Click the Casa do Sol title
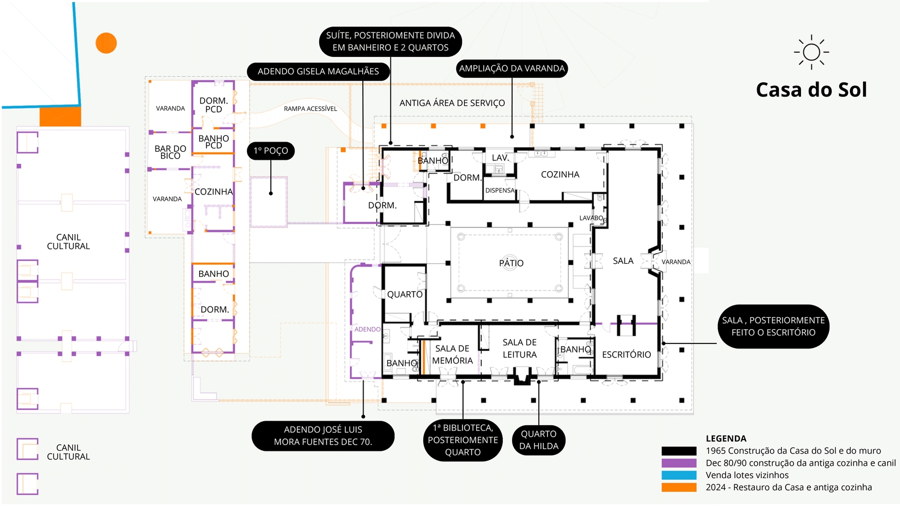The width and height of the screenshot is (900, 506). coord(811,90)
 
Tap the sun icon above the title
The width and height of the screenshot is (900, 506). coord(811,52)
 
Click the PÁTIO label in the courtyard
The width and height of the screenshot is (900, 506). coord(511,263)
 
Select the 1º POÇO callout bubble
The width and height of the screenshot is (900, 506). coord(271,151)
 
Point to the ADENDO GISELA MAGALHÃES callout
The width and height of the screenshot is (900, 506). coord(318,71)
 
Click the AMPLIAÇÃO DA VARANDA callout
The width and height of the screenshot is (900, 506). coord(512,68)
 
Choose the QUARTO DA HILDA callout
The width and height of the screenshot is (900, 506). coord(538,440)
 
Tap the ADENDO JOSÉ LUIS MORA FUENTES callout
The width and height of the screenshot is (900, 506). coord(323,436)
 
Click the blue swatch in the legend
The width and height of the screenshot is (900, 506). coord(679,475)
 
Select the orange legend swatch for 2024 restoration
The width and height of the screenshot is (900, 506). coord(679,487)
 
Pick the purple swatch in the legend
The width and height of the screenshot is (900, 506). coord(679,463)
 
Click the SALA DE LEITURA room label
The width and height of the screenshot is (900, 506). coord(519,349)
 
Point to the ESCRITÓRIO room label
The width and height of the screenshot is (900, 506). coord(626,355)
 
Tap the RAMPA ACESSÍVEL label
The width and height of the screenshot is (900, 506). coord(310,109)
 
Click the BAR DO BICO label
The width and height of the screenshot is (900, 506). coord(170,152)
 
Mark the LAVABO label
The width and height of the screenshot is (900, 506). coord(591,218)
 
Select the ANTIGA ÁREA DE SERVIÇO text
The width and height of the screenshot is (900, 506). coord(452,103)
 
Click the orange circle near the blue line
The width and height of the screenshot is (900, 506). coord(106,43)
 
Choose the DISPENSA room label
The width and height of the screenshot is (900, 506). coord(499,190)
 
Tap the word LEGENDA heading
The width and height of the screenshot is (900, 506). coord(726,438)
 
